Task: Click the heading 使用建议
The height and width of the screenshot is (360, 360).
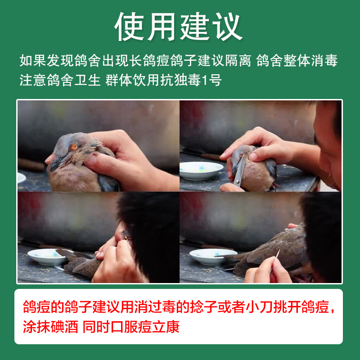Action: [179, 26]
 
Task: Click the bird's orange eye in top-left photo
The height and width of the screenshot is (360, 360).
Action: [74, 147]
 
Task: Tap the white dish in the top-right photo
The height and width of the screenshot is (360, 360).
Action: [201, 170]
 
